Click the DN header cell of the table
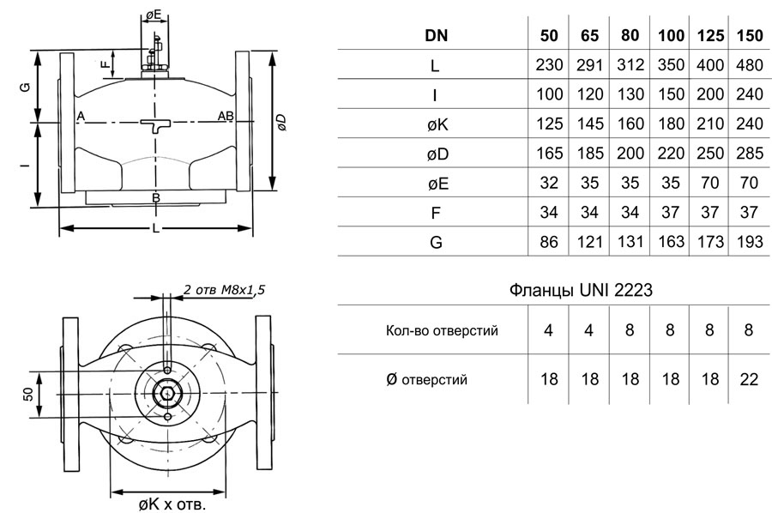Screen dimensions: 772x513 pyautogui.click(x=436, y=35)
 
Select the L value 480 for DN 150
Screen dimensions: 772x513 pyautogui.click(x=749, y=65)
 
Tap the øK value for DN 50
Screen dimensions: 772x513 pyautogui.click(x=549, y=124)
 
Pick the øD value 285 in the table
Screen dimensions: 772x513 pyautogui.click(x=749, y=154)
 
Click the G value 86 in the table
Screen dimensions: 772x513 pyautogui.click(x=549, y=242)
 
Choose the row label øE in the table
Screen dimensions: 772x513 pyautogui.click(x=437, y=184)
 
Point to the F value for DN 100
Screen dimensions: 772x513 pyautogui.click(x=670, y=213)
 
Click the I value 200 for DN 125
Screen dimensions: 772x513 pyautogui.click(x=709, y=94)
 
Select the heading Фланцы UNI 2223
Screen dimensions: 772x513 pyautogui.click(x=581, y=290)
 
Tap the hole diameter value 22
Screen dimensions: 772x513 pyautogui.click(x=749, y=379)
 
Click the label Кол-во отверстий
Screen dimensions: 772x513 pyautogui.click(x=442, y=330)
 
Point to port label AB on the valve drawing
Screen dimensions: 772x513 pyautogui.click(x=226, y=116)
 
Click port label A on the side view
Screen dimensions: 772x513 pyautogui.click(x=81, y=116)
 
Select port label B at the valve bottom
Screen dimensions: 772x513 pyautogui.click(x=156, y=198)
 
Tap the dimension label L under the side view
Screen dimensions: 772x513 pyautogui.click(x=156, y=228)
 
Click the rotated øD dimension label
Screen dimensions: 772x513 pyautogui.click(x=281, y=122)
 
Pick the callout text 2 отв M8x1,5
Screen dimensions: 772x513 pyautogui.click(x=225, y=289)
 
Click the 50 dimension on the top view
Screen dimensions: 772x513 pyautogui.click(x=28, y=394)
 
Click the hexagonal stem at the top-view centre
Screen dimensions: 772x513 pyautogui.click(x=168, y=394)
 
